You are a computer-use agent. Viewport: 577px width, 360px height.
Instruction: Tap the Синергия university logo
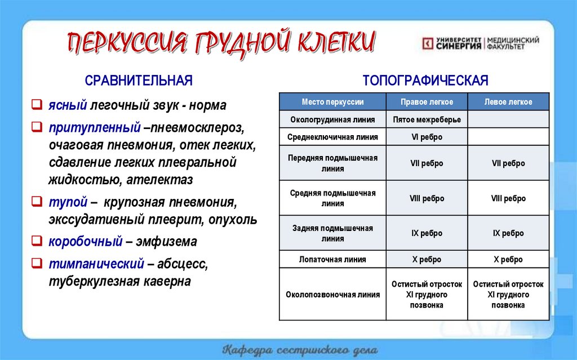coord(481,43)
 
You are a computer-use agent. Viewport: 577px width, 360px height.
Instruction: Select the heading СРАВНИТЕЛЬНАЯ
coord(139,81)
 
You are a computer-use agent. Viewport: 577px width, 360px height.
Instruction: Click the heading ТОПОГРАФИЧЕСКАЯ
coord(425,80)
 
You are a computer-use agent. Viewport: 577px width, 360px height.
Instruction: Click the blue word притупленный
coord(94,128)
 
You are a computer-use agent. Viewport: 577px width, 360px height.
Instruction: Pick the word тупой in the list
coord(68,202)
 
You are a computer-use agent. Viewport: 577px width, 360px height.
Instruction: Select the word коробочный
coord(85,242)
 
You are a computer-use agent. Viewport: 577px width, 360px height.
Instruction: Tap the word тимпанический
coord(96,264)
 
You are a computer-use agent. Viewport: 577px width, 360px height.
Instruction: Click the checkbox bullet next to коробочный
coord(36,242)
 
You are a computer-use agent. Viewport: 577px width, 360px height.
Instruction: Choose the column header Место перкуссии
coord(332,102)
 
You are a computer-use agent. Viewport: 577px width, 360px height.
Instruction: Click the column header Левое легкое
coord(508,102)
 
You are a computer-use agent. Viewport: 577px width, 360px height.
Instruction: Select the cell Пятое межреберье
coord(427,119)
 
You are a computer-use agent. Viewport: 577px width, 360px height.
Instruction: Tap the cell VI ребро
coord(427,137)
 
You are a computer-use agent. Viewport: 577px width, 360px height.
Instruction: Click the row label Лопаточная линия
coord(332,260)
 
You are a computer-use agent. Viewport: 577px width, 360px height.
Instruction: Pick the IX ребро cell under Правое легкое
coord(427,233)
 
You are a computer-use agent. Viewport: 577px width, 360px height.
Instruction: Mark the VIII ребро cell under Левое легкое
coord(508,198)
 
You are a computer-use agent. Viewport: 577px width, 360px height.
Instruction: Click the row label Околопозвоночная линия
coord(332,295)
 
